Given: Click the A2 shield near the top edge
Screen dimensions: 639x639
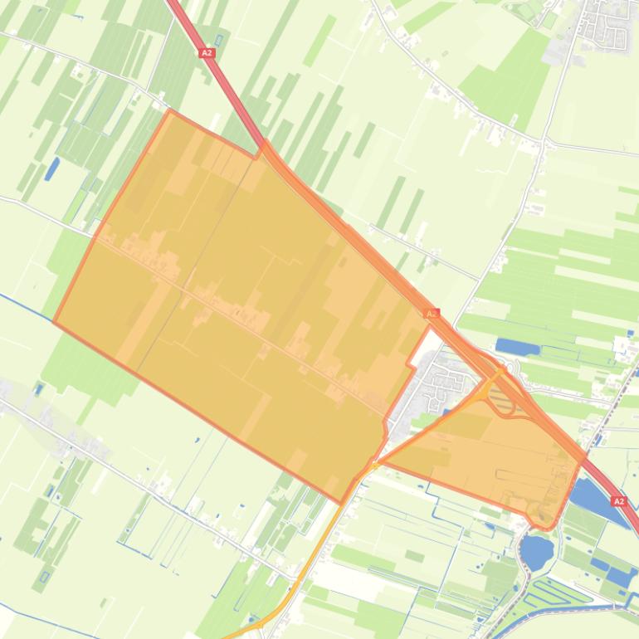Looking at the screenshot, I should [207, 52].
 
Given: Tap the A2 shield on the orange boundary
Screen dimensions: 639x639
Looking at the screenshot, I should [431, 314].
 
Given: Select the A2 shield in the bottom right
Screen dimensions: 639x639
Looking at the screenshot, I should [618, 501].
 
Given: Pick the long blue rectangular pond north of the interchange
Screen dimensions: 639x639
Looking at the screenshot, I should [517, 346].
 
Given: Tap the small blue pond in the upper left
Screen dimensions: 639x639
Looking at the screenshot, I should [52, 168].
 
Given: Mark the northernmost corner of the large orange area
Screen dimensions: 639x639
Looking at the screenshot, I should [170, 110].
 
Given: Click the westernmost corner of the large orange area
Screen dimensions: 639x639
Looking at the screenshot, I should [54, 321].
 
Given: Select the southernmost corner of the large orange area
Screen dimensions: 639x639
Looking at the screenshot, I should [341, 502].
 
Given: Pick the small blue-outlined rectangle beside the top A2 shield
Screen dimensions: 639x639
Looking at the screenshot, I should [218, 40].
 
